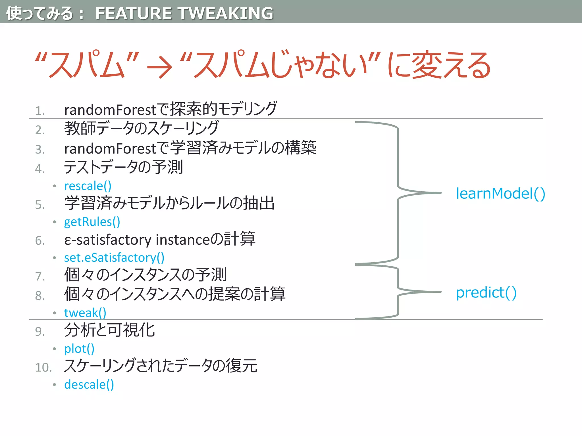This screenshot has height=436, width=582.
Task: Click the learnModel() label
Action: point(500,194)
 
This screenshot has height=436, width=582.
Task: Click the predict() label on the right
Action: point(486,293)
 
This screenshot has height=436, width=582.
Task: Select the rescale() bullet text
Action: point(88,186)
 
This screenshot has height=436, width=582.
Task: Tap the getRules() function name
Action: point(92,222)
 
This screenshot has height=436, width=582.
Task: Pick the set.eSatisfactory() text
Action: point(114,257)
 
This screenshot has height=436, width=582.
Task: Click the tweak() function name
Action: point(85,313)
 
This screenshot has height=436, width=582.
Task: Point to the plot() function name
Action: point(79,349)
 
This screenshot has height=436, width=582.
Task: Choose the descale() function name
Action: point(89,385)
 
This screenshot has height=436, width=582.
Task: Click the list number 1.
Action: point(40,111)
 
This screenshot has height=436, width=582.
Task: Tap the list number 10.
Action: point(43,367)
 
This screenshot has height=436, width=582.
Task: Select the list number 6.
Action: point(40,241)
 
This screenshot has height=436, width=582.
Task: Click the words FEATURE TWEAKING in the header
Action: point(184,13)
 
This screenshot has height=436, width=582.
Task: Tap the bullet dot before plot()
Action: point(54,349)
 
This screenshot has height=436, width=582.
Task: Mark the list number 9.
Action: point(40,332)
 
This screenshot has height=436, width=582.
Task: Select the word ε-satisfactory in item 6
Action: point(108,240)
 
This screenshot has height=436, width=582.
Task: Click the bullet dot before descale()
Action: point(54,385)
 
